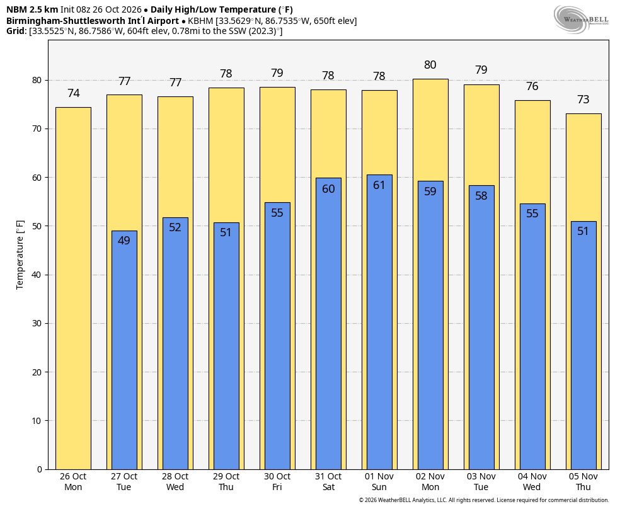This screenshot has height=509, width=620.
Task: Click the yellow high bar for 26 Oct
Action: pos(73,288)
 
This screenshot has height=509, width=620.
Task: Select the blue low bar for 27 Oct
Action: pos(124,350)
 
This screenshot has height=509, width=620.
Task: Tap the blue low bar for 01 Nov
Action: pos(379,322)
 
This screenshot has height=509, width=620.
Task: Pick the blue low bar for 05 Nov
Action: pos(583,345)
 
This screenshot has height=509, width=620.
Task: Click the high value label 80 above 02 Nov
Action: pos(430,65)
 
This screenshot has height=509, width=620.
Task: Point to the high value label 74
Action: pos(74,93)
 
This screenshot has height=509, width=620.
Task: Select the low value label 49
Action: pos(124,240)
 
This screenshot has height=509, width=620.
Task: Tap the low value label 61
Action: pos(379,185)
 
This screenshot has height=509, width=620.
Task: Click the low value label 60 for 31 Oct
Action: pos(328,189)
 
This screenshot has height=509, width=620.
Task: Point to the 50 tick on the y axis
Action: pos(37,226)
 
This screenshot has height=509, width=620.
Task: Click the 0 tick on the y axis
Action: pos(40,469)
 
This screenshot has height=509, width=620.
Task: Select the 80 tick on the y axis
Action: pos(37,80)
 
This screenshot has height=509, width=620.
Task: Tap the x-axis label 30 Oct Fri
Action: pos(277,482)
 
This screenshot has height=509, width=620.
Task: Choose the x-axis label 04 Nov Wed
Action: pos(532,482)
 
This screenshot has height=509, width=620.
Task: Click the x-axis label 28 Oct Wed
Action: pos(175,482)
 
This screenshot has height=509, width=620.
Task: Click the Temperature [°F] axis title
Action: pos(20,255)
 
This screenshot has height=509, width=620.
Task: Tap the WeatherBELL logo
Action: pos(581,19)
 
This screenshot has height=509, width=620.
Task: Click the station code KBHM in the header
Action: pos(200,21)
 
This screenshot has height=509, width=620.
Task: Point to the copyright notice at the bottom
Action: pos(483,500)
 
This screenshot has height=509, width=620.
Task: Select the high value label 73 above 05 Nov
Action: pos(583,100)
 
